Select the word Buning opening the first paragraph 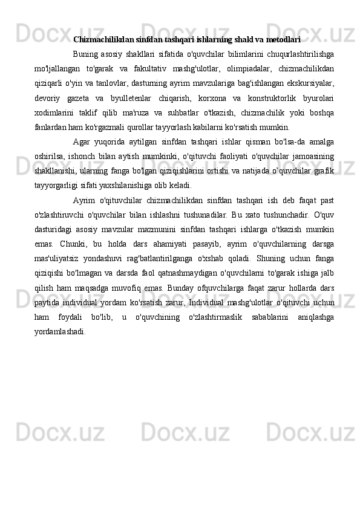[x=85, y=53]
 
